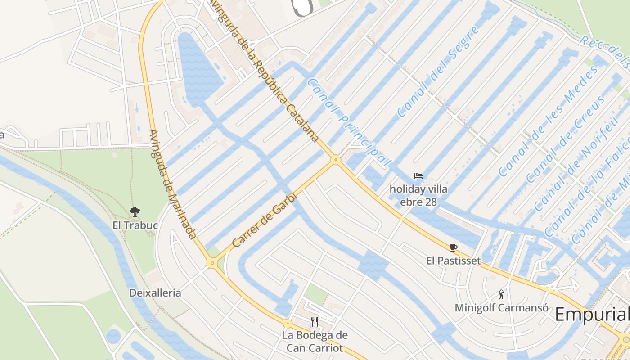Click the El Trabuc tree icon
tap(134, 211)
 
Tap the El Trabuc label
tap(135, 225)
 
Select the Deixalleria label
tap(155, 293)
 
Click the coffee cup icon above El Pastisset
tap(453, 247)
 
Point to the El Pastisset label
tap(453, 261)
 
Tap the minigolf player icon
tap(501, 295)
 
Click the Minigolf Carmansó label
tap(501, 308)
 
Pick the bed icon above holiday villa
tap(418, 176)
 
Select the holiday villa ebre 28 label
tap(418, 195)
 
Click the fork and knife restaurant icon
tap(315, 321)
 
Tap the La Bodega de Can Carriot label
tap(315, 342)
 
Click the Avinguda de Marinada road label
tap(172, 184)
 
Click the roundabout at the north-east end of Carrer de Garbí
tap(335, 159)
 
